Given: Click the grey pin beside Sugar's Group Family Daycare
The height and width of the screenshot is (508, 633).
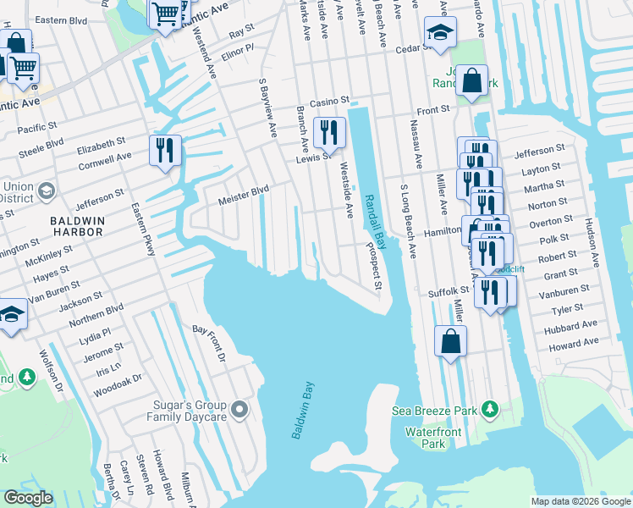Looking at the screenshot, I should coord(239,411).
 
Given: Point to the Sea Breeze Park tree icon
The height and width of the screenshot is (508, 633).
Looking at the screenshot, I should coord(488,411).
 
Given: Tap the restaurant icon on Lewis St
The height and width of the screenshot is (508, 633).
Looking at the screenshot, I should coord(328,132).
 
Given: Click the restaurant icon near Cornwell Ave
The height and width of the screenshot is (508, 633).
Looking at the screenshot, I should coord(163,150).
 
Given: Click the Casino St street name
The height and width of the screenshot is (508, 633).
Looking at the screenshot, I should coord(322,102).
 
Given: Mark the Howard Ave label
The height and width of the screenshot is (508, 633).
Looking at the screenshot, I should coord(572,344).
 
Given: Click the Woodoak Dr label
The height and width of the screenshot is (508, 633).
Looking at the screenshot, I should coord(118,374).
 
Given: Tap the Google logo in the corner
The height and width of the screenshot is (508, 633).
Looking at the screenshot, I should coord(28,498).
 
